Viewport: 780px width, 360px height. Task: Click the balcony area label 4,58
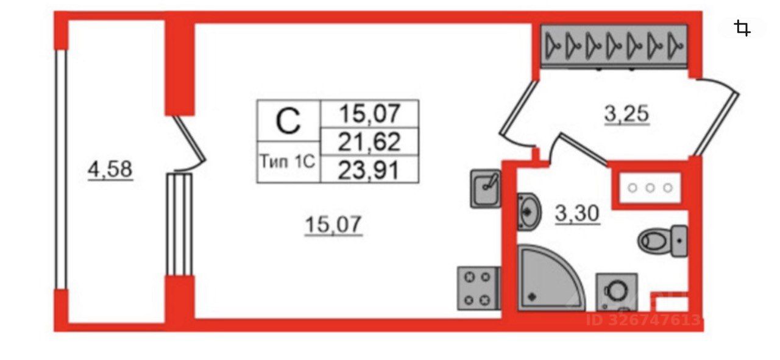click(110, 169)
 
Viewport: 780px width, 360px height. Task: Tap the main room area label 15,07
click(333, 225)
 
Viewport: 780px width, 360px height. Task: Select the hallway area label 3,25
click(627, 113)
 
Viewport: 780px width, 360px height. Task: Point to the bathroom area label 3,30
click(577, 213)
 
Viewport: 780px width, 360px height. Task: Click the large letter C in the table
click(288, 121)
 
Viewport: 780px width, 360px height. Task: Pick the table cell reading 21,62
click(370, 142)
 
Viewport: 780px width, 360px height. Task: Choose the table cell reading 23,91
click(370, 169)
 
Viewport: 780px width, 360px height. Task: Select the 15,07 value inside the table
click(370, 113)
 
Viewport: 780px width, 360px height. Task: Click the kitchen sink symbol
click(485, 188)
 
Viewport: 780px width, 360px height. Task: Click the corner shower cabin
click(548, 279)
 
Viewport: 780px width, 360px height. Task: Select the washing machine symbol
click(615, 292)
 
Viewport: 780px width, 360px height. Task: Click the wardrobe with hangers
click(614, 44)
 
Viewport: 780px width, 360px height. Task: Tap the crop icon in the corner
click(742, 28)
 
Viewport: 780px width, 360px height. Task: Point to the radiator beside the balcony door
click(180, 224)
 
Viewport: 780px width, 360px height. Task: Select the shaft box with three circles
click(650, 188)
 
